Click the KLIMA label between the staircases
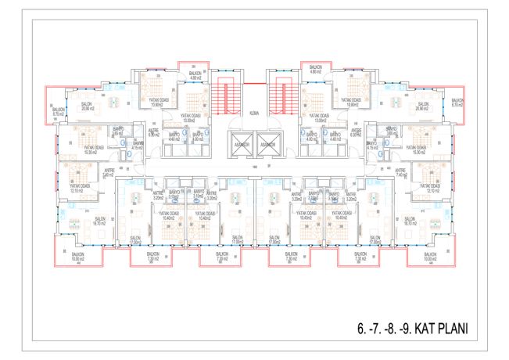coord(253,113)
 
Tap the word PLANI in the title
coord(451,329)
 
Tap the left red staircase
coord(228,97)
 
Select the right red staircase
coord(280,97)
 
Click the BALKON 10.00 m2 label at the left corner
coord(77,257)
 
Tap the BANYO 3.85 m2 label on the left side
coord(119,131)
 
